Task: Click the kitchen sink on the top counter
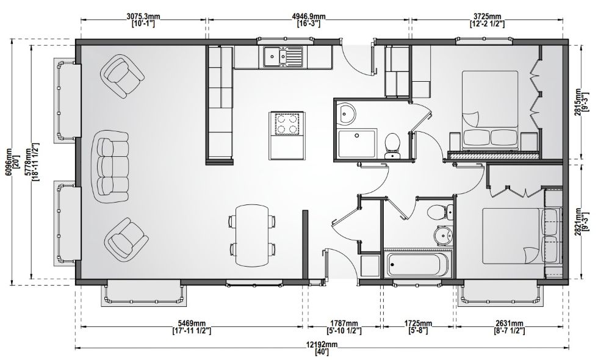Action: [x=282, y=57]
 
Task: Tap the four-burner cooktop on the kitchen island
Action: [x=287, y=123]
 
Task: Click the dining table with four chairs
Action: [x=251, y=236]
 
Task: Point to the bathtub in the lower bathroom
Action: [x=419, y=265]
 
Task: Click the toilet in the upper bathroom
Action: [x=392, y=146]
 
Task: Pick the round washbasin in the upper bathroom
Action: [x=347, y=113]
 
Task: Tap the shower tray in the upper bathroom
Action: [x=356, y=143]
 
